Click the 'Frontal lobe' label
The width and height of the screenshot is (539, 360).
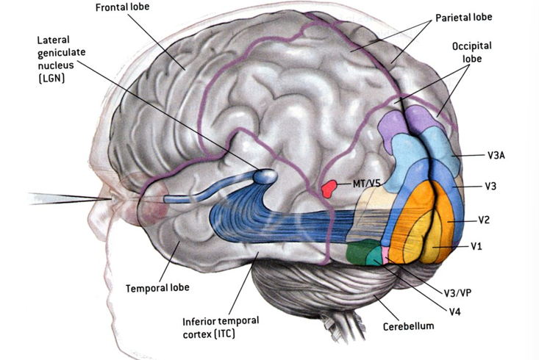(126, 7)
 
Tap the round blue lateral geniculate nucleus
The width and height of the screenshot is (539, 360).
(265, 176)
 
